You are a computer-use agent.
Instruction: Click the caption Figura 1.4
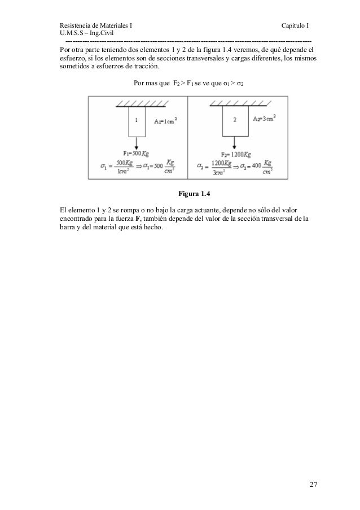click(194, 195)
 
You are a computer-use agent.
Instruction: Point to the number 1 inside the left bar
click(137, 120)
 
